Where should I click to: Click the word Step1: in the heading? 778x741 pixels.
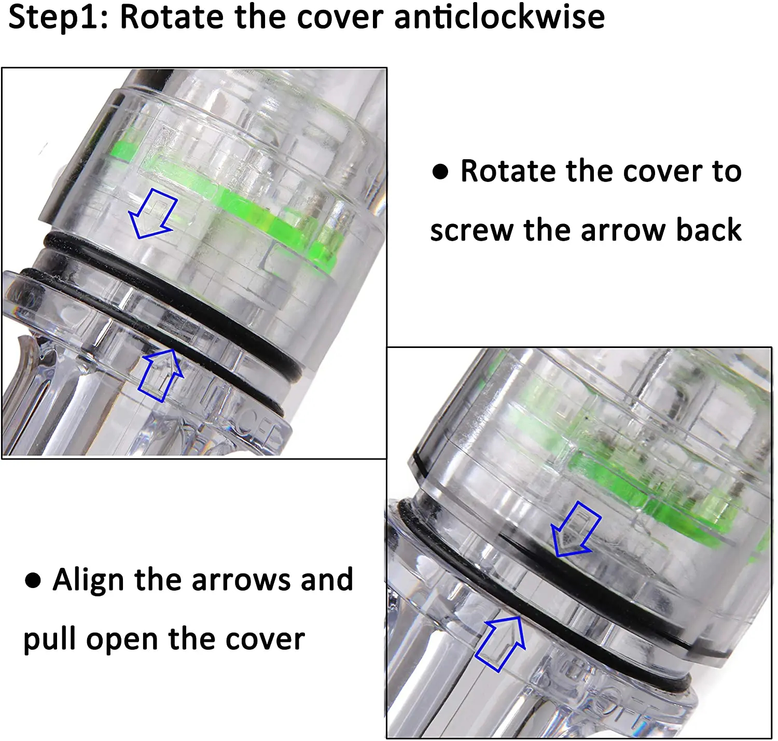pos(58,18)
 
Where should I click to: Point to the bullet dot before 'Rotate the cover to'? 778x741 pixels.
pos(440,172)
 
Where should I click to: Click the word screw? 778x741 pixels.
pos(472,231)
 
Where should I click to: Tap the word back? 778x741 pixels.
pos(708,230)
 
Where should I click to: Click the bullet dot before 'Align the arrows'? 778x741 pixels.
pos(33,580)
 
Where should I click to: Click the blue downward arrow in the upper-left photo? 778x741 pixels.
pos(154,214)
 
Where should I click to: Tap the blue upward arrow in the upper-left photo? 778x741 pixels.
pos(160,375)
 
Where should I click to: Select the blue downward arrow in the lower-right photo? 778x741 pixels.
pos(576,529)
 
